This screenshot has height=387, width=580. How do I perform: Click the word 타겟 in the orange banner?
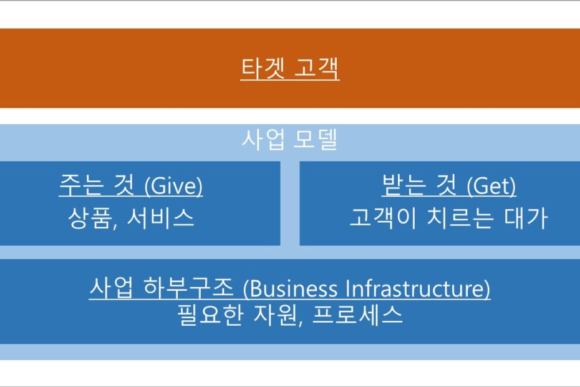263,68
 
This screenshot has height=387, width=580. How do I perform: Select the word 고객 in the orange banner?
317,68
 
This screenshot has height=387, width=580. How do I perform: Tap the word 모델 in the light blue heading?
316,139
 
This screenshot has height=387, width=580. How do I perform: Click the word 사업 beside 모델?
263,139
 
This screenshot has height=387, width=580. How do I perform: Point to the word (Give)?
173,185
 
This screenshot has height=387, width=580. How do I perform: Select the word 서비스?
160,217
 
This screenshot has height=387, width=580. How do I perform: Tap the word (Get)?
491,185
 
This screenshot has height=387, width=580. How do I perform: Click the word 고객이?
382,217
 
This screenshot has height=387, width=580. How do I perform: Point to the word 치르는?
460,217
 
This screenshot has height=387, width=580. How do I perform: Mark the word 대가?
526,217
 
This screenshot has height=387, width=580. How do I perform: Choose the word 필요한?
210,315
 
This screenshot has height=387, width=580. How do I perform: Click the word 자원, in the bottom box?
279,315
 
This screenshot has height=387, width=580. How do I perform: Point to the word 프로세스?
357,315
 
